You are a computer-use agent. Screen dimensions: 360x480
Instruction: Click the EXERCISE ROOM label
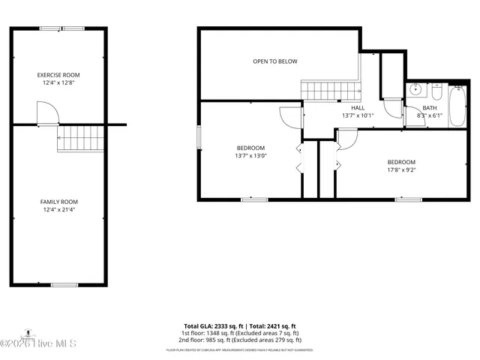pos(59,75)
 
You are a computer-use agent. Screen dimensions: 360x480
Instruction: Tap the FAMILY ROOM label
pos(59,202)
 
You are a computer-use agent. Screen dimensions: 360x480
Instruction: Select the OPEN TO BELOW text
pos(275,61)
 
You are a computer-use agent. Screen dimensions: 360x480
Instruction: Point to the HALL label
pos(358,108)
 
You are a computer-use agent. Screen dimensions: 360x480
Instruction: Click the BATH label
pos(429,108)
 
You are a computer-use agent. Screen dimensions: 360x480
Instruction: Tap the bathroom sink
pos(417,90)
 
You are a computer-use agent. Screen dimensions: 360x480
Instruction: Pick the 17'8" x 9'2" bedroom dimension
pos(400,169)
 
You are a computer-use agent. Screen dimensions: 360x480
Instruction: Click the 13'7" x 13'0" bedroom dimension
pos(251,156)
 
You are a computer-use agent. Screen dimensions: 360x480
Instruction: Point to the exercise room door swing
pos(46,113)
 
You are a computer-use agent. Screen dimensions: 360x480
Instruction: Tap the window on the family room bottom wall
pos(64,285)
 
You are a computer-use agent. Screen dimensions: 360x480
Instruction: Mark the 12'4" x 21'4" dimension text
pos(59,209)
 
